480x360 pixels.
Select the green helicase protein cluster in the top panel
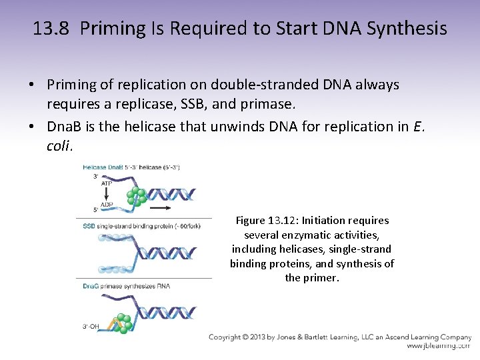click(138, 196)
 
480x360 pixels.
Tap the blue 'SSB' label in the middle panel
click(89, 226)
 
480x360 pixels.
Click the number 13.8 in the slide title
click(51, 29)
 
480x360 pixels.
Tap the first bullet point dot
click(31, 85)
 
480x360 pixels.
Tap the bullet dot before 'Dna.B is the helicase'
click(31, 127)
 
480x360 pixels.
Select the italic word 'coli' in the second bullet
click(59, 146)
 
